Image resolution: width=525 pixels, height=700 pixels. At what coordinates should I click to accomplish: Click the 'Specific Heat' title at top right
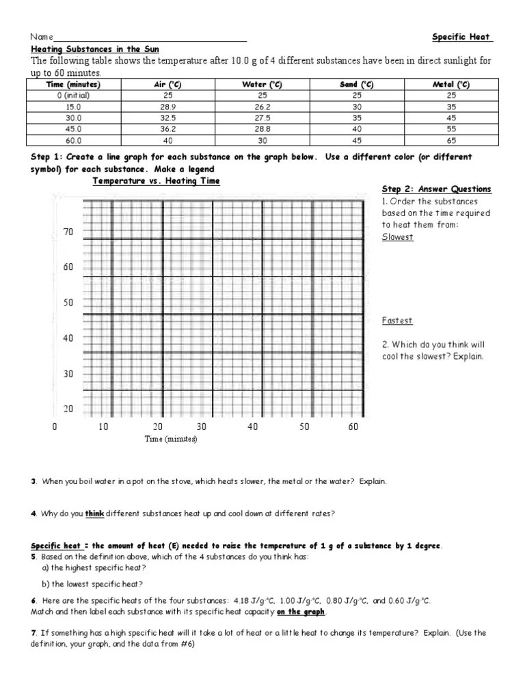(x=462, y=37)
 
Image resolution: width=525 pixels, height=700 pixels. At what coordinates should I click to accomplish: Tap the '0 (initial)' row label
(x=73, y=95)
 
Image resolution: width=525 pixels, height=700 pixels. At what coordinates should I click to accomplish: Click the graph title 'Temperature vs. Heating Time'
(x=157, y=181)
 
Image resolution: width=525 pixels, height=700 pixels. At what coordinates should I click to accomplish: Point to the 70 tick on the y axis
(x=68, y=232)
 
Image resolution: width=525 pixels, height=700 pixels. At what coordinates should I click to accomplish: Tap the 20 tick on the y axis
(x=68, y=409)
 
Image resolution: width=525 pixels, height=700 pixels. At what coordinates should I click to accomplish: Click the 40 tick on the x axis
(x=253, y=427)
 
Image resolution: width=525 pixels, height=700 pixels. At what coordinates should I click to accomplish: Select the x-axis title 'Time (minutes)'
(x=170, y=440)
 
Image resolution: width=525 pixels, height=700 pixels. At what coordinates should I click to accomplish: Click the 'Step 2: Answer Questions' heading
(x=436, y=189)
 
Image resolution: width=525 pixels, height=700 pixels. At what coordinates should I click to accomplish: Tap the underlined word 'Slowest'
(x=397, y=237)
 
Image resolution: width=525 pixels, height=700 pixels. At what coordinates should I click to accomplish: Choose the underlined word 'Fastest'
(x=396, y=321)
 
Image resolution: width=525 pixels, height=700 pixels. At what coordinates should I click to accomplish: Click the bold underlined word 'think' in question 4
(x=94, y=514)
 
